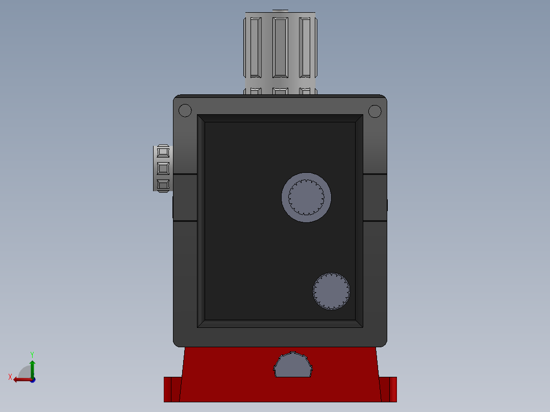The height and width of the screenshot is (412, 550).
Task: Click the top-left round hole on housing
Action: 185,111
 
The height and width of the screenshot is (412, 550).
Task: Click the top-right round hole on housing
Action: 374,111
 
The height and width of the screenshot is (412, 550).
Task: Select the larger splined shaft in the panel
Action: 306,197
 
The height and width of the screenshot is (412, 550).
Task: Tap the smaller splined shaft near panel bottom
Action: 331,291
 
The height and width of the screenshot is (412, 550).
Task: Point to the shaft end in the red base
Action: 293,366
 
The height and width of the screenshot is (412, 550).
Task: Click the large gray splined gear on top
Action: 280,51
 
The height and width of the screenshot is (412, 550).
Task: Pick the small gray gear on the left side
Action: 162,168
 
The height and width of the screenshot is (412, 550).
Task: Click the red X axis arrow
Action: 20,379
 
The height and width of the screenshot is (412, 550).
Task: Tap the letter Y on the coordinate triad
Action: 32,354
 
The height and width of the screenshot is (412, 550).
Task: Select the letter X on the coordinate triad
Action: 10,377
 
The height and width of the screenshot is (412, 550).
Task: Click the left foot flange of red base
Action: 171,389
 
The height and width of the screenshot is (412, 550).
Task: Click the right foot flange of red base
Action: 389,389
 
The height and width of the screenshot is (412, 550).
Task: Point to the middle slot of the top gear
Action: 280,47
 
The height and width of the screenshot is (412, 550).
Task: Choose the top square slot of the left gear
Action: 163,152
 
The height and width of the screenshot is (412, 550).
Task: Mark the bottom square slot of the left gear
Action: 163,184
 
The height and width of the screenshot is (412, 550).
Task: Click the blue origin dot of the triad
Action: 32,380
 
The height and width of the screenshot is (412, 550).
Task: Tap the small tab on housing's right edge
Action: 387,205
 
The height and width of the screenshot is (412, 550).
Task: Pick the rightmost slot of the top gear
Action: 305,47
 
